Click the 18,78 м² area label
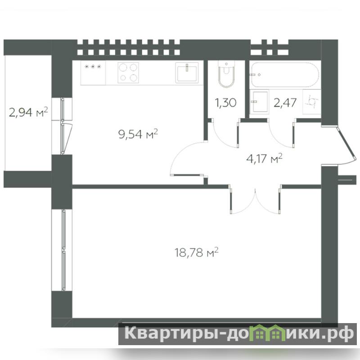tap(196, 253)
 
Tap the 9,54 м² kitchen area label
tap(138, 134)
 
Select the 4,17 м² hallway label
tap(264, 159)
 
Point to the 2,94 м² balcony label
tap(28, 112)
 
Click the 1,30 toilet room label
tap(225, 103)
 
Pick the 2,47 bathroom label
tap(285, 103)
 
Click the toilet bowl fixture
tap(226, 74)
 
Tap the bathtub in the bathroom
tap(284, 74)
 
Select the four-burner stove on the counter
tap(128, 72)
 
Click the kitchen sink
tap(187, 72)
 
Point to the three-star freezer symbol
tap(93, 67)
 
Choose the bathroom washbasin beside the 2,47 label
tap(259, 102)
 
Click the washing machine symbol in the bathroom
tap(311, 102)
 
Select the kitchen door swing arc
tap(181, 152)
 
